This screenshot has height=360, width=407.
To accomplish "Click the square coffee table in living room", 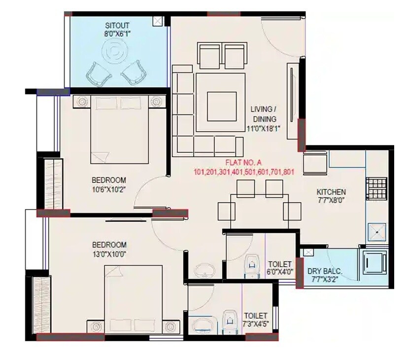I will pos(218,106).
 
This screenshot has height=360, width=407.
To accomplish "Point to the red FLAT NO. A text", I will pos(244,162).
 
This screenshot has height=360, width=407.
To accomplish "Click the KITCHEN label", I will pos(331,192).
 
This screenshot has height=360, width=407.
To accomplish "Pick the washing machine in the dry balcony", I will pos(374,264).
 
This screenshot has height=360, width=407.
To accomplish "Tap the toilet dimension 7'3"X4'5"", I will pos(255,324).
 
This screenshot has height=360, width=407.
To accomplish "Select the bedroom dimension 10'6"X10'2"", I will pos(109,189).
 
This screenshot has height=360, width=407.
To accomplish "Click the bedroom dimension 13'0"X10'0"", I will pos(109,253).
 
